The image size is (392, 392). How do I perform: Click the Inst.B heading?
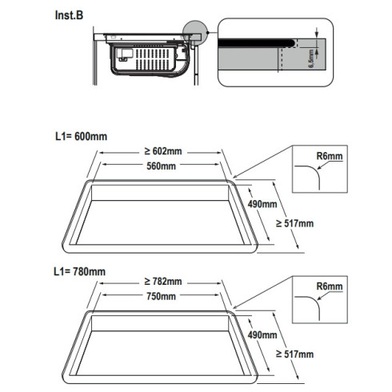tap(69, 15)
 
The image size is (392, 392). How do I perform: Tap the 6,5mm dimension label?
tap(311, 58)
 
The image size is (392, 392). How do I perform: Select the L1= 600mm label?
tap(81, 137)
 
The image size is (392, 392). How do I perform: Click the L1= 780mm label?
tap(79, 272)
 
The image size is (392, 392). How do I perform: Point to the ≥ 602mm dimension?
tap(163, 151)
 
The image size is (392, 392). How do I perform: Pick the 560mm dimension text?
tap(161, 166)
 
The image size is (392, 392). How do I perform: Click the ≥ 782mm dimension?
tap(163, 282)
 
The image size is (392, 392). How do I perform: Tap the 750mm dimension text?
tap(161, 296)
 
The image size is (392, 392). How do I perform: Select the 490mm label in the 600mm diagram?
tap(262, 204)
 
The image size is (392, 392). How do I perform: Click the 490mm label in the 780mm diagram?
tap(262, 335)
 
